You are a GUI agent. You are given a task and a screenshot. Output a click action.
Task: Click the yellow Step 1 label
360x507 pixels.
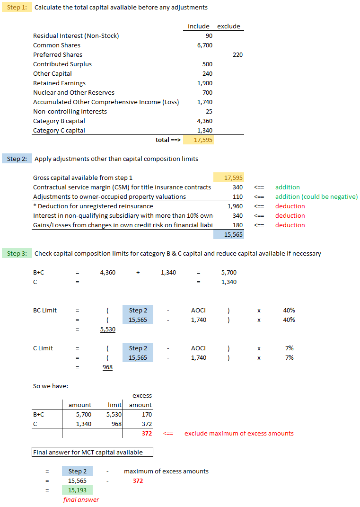pos(17,8)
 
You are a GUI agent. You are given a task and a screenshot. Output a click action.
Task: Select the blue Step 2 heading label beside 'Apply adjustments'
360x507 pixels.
pos(17,159)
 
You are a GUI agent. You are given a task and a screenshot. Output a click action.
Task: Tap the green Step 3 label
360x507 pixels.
pos(17,254)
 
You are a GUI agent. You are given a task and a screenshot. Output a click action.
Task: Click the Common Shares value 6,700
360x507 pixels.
pos(204,45)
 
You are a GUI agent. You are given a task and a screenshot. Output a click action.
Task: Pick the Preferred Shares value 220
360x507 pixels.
pos(237,55)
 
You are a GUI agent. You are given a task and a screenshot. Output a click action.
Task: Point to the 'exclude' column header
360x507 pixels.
pos(228,27)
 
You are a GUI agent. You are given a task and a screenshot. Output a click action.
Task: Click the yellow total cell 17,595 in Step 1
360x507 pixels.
pos(198,140)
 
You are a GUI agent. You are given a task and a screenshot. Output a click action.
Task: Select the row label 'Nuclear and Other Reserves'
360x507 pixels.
pos(74,93)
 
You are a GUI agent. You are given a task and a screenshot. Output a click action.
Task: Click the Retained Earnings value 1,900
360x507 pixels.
pos(204,83)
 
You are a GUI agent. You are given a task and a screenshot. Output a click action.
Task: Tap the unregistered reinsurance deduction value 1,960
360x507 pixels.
pos(235,206)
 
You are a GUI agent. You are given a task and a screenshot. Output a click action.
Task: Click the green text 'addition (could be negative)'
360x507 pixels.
pos(316,197)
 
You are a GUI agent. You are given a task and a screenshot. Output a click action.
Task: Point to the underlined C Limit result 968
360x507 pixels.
pos(108,367)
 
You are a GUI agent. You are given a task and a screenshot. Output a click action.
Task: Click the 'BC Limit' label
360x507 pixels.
pos(45,311)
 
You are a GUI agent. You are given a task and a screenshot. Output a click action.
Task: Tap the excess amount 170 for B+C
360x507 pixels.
pos(147,415)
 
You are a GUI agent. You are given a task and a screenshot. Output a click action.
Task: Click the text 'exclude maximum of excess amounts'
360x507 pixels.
pos(239,434)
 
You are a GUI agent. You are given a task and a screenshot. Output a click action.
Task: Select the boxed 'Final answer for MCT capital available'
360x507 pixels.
pos(93,453)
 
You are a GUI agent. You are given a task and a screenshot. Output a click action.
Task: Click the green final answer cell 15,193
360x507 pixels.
pos(77,490)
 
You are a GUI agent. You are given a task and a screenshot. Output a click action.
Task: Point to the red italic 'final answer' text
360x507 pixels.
pos(81,500)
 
